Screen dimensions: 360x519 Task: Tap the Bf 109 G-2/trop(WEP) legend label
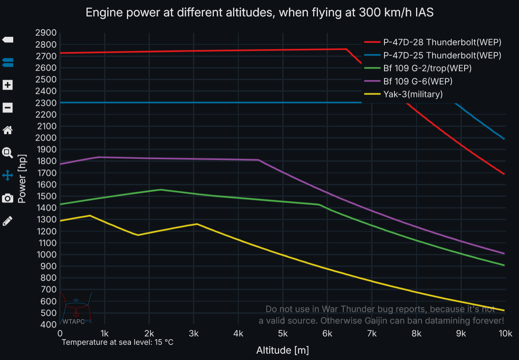click(x=427, y=68)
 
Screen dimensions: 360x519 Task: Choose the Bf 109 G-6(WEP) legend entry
click(x=418, y=81)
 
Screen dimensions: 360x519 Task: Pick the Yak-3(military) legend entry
click(x=413, y=94)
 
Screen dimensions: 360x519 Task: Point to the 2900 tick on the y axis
click(x=46, y=33)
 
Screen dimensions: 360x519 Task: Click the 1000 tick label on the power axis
click(x=46, y=255)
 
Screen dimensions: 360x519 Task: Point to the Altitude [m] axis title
click(x=282, y=350)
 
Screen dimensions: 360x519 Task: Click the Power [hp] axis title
click(x=22, y=179)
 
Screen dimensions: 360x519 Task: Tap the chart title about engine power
click(x=259, y=13)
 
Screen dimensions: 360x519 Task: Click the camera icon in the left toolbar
click(x=8, y=198)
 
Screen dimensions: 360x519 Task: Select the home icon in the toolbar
click(x=8, y=130)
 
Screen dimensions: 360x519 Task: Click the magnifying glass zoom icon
click(x=8, y=153)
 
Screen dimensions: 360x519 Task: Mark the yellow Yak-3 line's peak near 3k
click(x=197, y=224)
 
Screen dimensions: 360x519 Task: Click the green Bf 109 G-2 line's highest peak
click(x=161, y=189)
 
